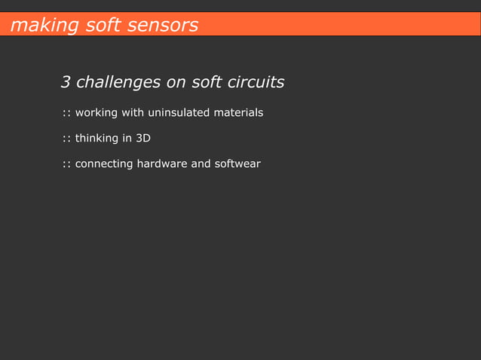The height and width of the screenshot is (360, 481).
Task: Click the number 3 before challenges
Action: click(66, 81)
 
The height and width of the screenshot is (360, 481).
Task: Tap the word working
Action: click(97, 113)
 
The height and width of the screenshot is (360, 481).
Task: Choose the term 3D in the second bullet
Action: click(142, 139)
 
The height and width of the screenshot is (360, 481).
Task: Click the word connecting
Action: click(104, 163)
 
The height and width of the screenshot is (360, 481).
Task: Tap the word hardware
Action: click(162, 163)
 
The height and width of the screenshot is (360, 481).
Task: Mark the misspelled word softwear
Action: click(237, 163)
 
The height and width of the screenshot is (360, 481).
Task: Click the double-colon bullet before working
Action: click(66, 114)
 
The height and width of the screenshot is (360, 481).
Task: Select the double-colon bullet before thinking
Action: click(66, 139)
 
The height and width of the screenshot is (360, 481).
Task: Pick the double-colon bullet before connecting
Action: click(66, 164)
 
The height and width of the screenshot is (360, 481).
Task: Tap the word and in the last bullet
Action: click(201, 163)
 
